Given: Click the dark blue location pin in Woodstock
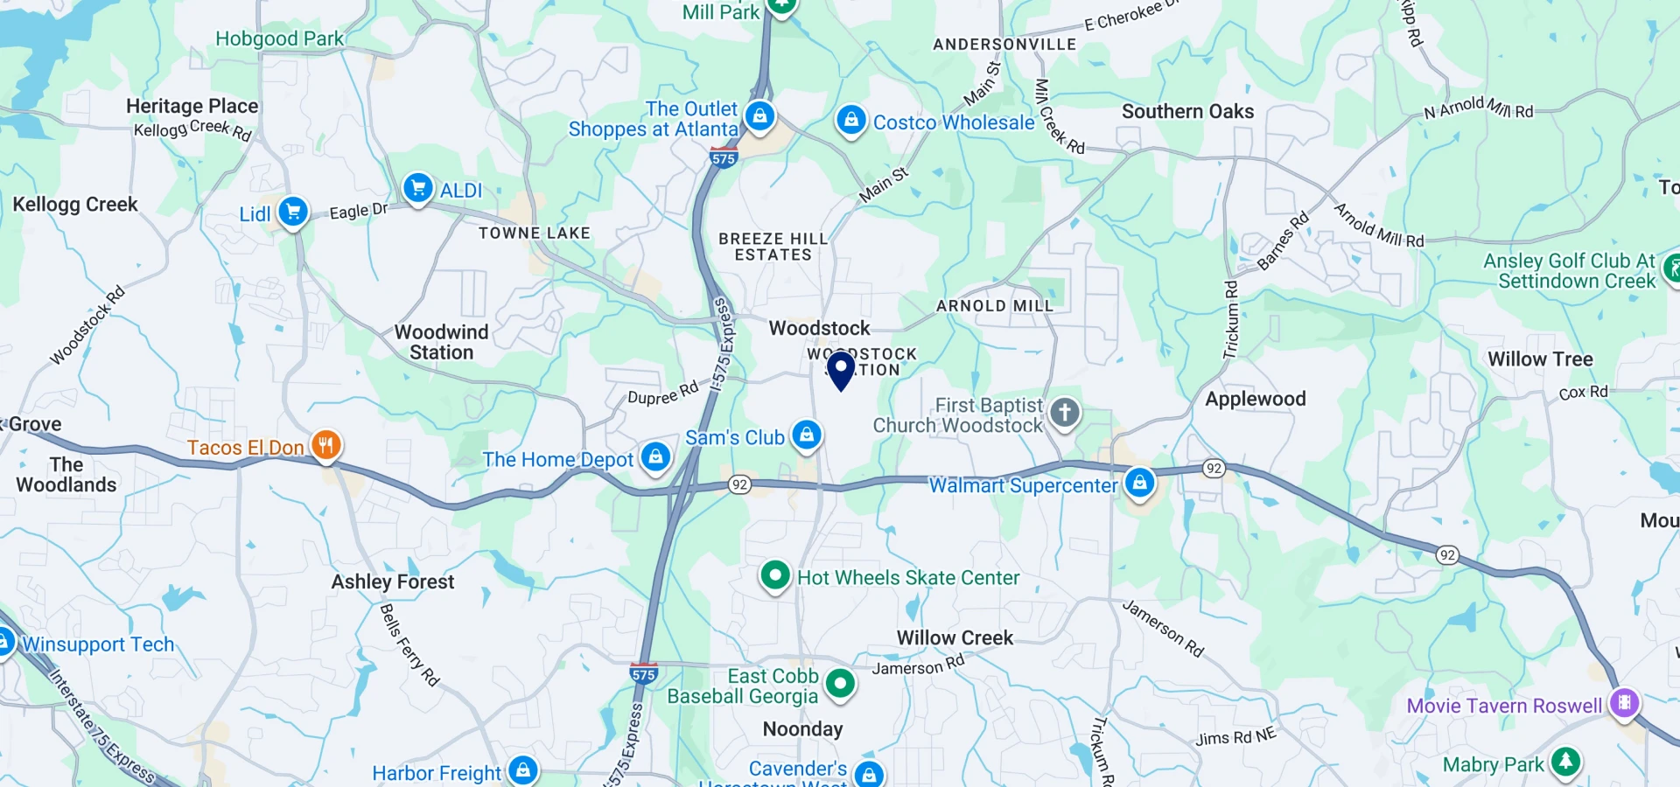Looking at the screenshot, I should (841, 368).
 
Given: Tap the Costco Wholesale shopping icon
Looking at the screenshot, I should (850, 120).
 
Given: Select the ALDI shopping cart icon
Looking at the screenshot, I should (418, 187).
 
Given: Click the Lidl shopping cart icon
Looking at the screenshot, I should (293, 212).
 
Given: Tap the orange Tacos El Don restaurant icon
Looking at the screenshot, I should (325, 445).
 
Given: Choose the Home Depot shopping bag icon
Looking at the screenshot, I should (655, 456).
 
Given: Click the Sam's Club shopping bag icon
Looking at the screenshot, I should (807, 435).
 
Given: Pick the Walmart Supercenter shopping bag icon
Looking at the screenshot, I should (1139, 483).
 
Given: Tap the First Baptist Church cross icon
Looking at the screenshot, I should (1065, 413).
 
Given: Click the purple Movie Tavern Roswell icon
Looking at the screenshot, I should (1624, 703).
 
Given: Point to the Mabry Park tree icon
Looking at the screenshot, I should (1565, 762).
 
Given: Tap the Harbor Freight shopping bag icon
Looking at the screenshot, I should (523, 770).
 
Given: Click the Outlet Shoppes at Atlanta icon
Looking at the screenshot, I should (759, 116).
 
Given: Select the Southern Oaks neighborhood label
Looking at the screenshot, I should (1187, 112).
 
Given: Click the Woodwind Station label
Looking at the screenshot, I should (441, 342).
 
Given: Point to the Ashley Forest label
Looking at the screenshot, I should (393, 582).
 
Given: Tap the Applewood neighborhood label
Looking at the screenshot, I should (1255, 400).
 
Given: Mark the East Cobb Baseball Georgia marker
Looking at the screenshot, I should (840, 683).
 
